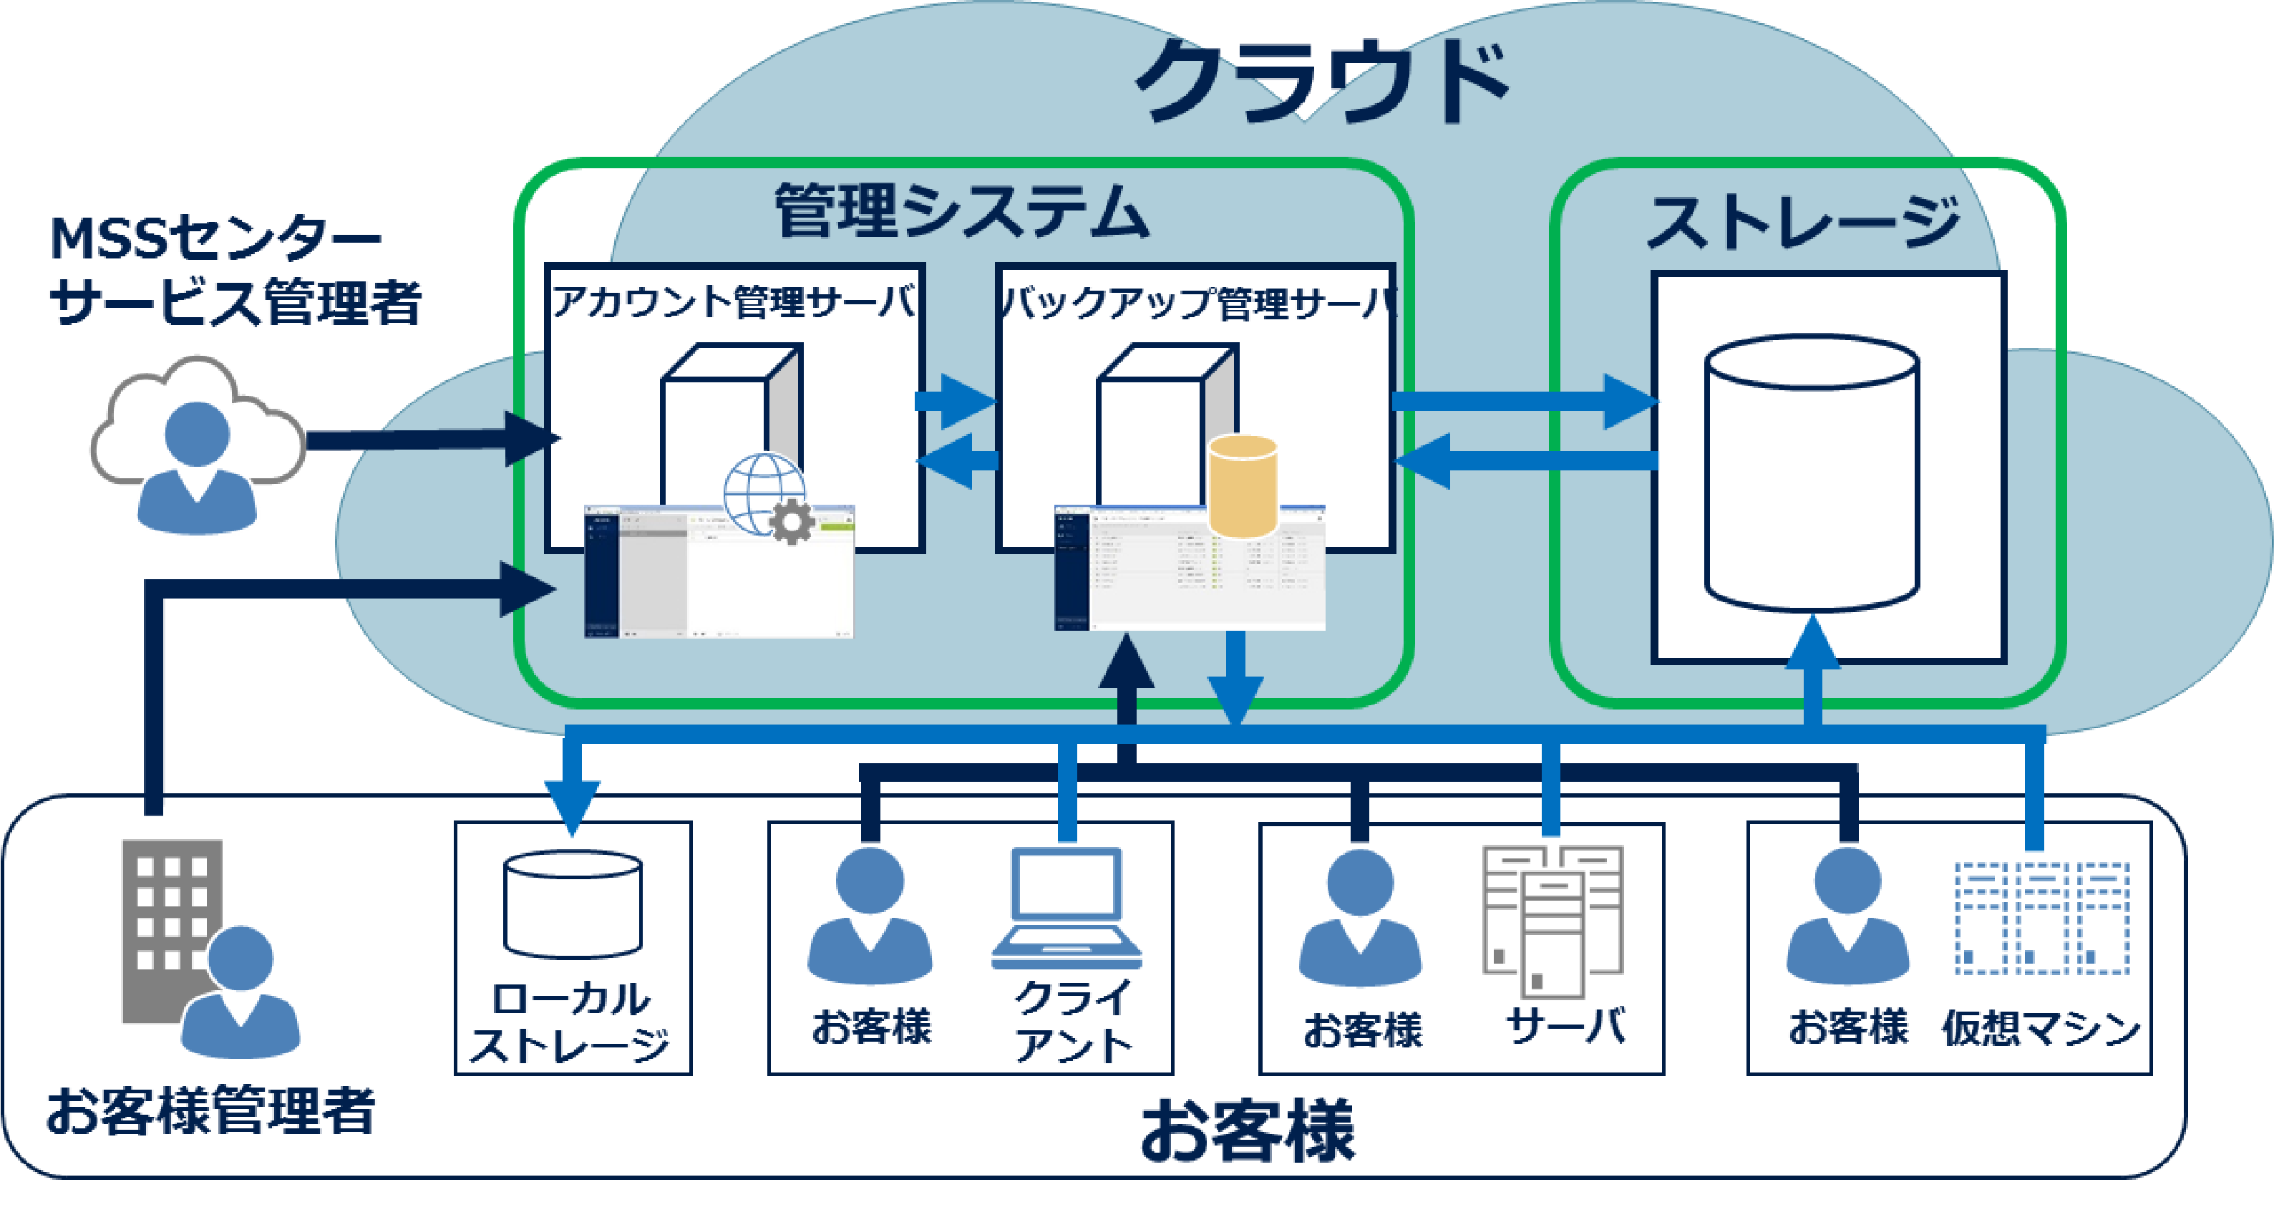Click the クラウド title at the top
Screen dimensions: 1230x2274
(x=1321, y=81)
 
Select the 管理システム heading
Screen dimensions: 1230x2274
(x=961, y=211)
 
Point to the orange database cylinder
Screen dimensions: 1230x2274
(x=1242, y=485)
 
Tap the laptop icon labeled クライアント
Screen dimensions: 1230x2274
(x=1066, y=909)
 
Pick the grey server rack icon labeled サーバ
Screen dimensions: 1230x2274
(x=1552, y=919)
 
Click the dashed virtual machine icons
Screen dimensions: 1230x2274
(x=2042, y=919)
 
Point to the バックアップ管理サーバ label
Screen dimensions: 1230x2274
(x=1196, y=303)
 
